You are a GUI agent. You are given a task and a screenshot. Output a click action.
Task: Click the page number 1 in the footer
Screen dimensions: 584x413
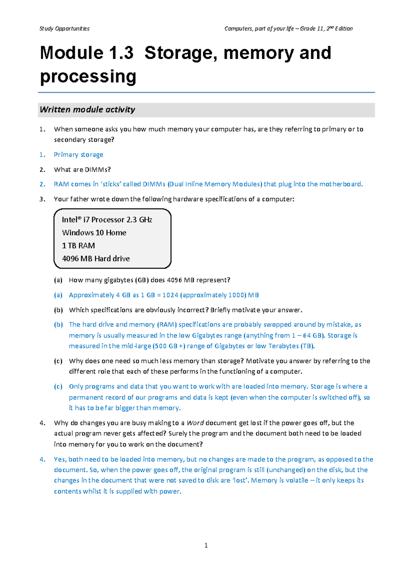pos(206,545)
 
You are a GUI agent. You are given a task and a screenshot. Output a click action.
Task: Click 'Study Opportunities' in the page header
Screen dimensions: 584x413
pos(64,29)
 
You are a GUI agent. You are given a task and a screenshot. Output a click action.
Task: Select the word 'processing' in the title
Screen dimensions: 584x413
pos(88,76)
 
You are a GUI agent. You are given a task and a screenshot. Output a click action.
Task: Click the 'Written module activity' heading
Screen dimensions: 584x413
pos(87,110)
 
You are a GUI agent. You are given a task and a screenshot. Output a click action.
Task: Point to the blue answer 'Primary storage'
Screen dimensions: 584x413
pos(78,155)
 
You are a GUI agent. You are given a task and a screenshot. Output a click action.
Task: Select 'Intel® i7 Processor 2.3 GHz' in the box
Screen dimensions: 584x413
pos(107,220)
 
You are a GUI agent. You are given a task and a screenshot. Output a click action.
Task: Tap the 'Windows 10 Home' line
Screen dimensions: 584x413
pos(94,233)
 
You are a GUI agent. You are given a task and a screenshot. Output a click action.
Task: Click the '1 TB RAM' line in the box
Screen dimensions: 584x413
pos(78,246)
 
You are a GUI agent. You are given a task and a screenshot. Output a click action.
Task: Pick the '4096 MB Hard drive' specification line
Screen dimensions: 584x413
pos(96,259)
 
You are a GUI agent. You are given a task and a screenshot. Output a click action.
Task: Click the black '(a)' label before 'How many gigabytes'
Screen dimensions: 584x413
pos(58,280)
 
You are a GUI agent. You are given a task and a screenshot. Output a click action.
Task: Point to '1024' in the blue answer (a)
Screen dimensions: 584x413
pos(170,295)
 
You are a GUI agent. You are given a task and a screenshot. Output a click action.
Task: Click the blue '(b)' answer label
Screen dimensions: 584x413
pos(58,324)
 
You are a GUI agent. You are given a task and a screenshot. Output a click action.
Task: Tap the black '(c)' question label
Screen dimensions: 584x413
pos(58,361)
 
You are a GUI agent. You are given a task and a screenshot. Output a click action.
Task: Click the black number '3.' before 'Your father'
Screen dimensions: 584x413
pos(42,199)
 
